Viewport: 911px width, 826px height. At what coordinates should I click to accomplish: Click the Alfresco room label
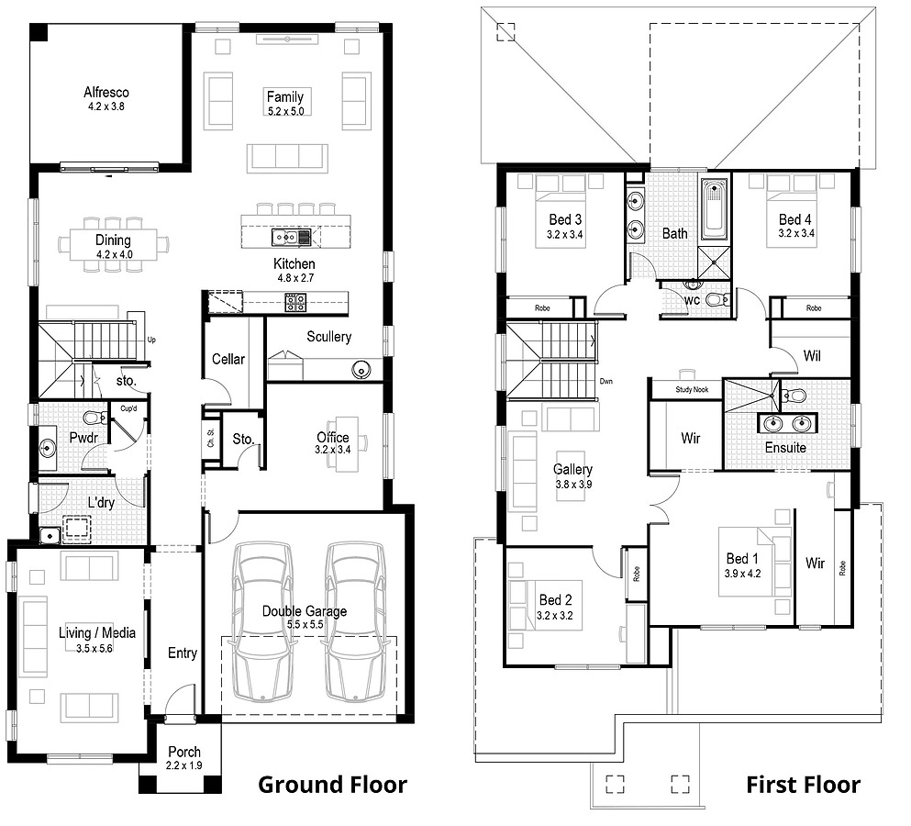106,92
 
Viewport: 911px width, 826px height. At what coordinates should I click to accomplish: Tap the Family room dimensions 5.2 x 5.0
284,110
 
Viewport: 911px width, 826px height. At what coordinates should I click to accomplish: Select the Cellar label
228,359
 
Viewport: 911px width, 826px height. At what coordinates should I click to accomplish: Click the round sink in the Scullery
361,369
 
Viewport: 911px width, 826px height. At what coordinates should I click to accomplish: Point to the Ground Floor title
331,784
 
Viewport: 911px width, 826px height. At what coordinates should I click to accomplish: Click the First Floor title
803,784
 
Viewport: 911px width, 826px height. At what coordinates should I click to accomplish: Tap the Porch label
183,752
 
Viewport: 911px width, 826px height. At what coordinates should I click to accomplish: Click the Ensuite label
785,448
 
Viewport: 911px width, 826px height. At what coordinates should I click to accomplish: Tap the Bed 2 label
555,600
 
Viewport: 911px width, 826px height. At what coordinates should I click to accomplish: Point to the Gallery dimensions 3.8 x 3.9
572,484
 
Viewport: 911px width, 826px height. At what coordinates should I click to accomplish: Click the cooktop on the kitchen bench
295,301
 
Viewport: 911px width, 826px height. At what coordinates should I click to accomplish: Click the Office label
332,437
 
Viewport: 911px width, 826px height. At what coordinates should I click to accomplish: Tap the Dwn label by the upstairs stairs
605,380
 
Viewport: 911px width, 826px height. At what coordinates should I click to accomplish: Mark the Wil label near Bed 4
811,354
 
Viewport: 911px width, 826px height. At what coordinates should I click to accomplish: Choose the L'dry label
101,503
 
